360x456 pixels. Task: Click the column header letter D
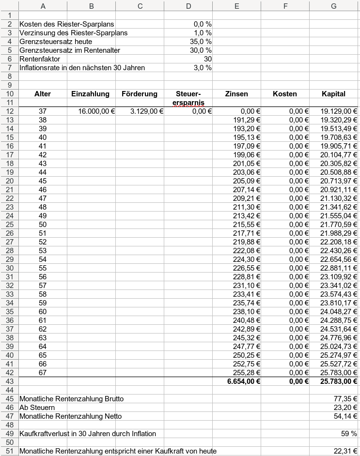188,6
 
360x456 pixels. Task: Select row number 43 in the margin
9,381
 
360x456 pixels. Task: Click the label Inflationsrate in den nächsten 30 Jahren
82,68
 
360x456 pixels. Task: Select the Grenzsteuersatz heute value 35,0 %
203,42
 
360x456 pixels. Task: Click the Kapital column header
334,94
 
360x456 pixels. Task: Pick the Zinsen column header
236,94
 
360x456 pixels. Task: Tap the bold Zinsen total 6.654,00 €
244,381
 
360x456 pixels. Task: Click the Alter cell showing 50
43,225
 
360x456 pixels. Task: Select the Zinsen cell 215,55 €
247,225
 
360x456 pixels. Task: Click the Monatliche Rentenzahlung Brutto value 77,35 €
347,399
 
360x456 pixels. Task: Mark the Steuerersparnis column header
188,98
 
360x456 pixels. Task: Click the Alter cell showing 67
43,373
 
